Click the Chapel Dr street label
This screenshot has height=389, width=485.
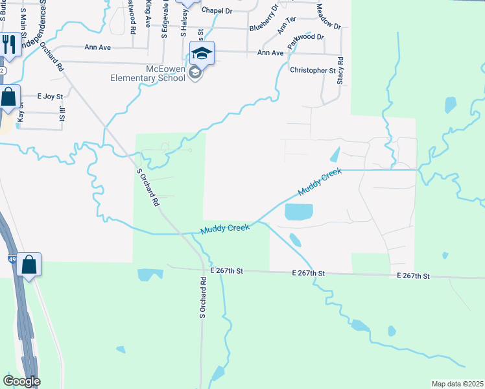[x=217, y=11]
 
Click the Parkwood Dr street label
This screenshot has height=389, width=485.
[x=307, y=37]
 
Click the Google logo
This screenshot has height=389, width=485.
[x=21, y=381]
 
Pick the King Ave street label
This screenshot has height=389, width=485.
[x=148, y=14]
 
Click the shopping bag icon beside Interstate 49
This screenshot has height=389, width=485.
[x=29, y=264]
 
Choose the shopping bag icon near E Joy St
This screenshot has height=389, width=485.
[x=8, y=97]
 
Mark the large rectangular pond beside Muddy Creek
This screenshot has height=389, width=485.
[x=299, y=212]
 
